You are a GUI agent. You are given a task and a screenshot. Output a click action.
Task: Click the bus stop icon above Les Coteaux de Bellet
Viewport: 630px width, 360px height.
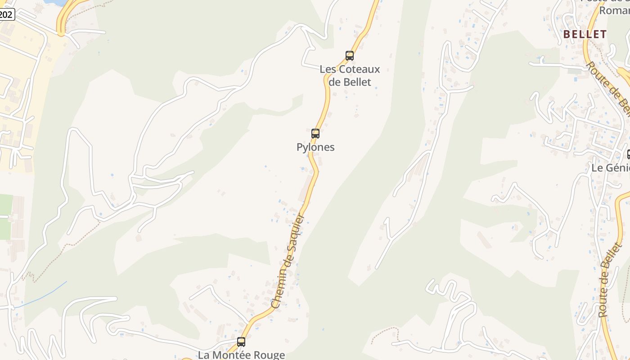pos(350,56)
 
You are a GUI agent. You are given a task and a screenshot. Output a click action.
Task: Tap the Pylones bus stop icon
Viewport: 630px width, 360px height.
pos(315,134)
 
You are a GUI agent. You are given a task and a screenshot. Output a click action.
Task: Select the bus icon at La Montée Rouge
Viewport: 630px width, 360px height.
pos(241,342)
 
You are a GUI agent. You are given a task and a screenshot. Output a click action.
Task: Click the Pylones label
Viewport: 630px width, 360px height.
pos(315,147)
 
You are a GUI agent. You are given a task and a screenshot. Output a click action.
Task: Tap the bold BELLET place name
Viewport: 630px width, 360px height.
pos(585,34)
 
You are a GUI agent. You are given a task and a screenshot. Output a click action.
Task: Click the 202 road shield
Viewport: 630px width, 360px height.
pos(6,14)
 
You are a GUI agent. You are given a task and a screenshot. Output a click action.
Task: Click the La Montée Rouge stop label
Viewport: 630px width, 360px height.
pos(242,355)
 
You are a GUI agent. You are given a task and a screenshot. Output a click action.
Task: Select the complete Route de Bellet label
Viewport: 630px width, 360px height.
pos(610,281)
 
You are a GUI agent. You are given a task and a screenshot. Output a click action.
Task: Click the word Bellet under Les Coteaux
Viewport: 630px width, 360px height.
pos(357,82)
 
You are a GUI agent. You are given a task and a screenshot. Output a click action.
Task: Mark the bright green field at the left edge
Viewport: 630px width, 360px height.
pos(5,216)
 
